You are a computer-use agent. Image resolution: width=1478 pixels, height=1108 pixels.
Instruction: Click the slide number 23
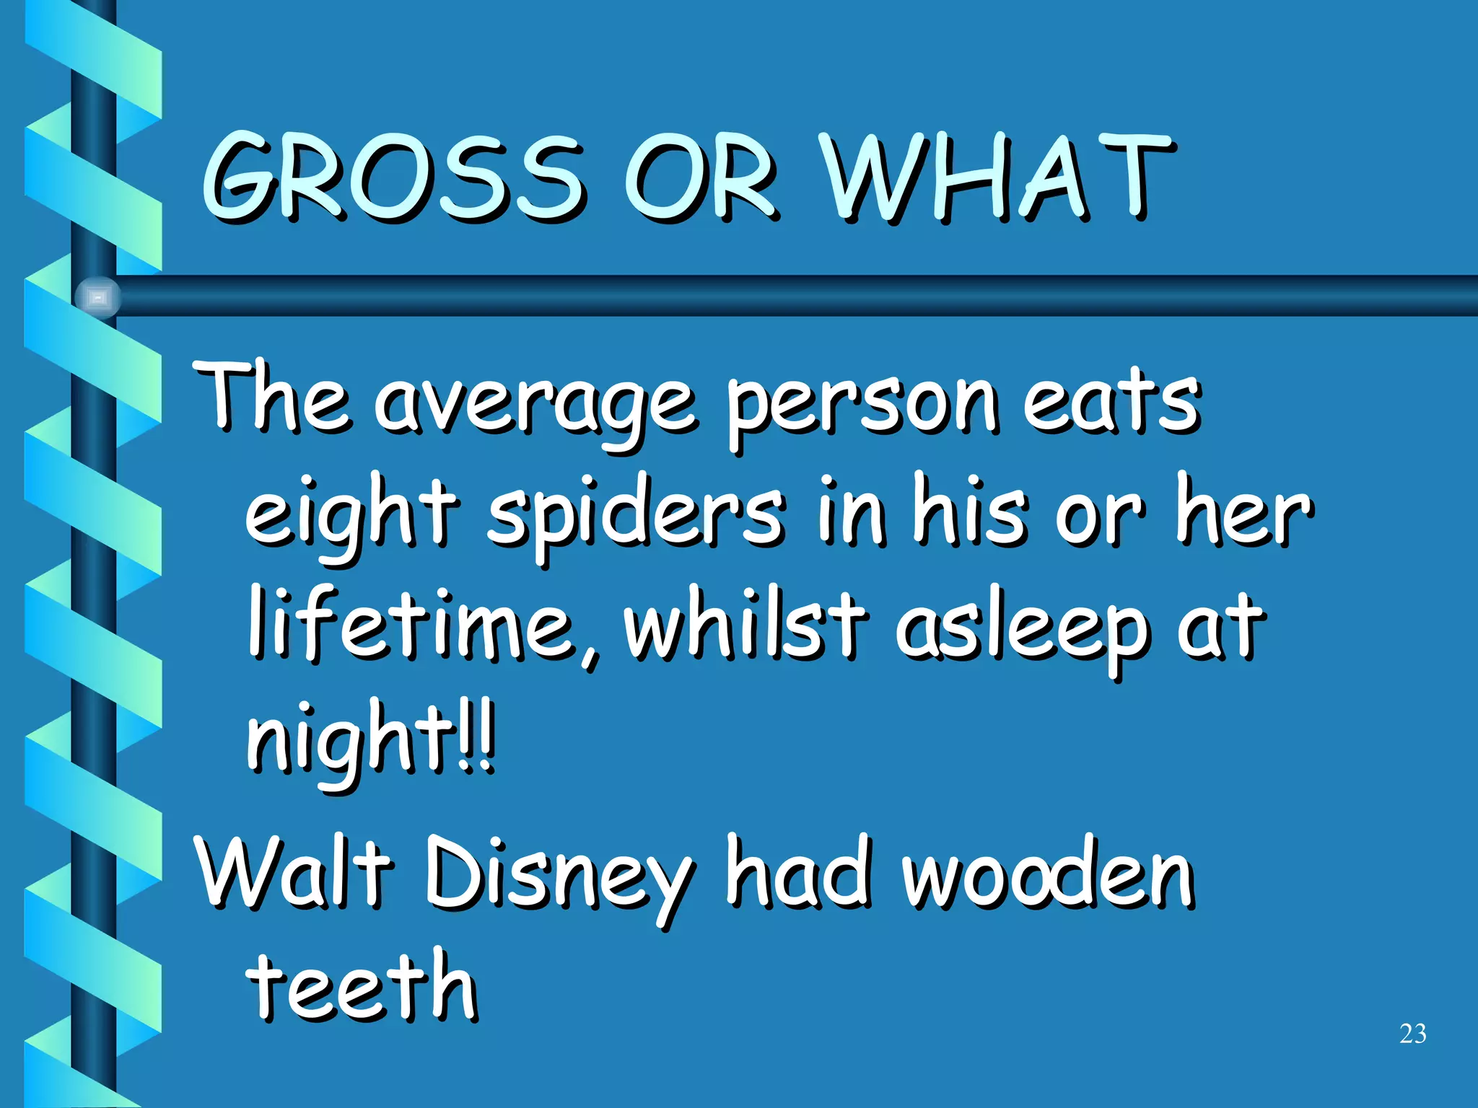1412,1034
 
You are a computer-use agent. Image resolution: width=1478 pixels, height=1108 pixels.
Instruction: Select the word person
862,404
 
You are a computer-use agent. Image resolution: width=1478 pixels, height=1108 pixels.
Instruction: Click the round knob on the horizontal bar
98,297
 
